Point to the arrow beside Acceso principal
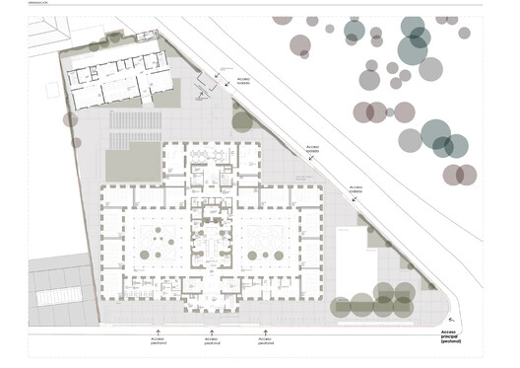coord(452,322)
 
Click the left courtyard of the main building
coord(158,242)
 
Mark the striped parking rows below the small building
coord(137,126)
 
